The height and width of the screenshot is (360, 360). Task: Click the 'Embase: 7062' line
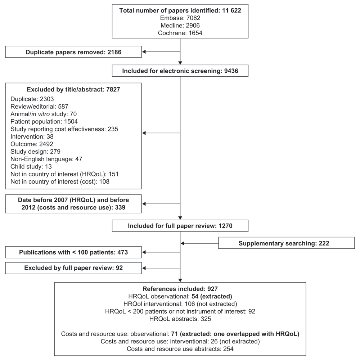[x=180, y=18]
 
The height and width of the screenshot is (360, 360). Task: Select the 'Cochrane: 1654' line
[x=180, y=33]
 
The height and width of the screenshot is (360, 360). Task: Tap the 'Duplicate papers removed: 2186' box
[x=73, y=52]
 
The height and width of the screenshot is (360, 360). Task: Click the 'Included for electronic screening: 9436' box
[x=180, y=71]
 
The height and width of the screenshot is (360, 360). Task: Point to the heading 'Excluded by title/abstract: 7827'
[x=73, y=90]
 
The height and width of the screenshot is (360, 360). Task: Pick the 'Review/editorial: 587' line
[x=40, y=107]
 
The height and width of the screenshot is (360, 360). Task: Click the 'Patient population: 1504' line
[x=44, y=121]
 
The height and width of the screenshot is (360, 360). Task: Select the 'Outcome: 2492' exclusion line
[x=32, y=144]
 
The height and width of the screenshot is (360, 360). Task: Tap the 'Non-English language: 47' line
[x=46, y=159]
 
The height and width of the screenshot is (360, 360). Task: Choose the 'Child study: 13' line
[x=31, y=166]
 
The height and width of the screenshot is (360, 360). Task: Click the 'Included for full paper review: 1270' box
[x=180, y=226]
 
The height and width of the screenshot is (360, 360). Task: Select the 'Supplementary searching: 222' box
[x=286, y=243]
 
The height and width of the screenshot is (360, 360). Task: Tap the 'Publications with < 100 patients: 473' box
[x=73, y=252]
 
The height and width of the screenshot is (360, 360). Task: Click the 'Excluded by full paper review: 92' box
[x=73, y=268]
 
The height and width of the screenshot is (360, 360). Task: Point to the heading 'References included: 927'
[x=180, y=289]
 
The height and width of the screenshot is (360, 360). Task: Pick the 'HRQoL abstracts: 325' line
[x=180, y=319]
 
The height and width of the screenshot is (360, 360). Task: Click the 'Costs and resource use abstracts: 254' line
[x=180, y=349]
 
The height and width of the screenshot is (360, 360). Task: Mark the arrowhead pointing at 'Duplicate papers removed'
[x=144, y=52]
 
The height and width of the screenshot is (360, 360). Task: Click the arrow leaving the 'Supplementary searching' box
[x=199, y=243]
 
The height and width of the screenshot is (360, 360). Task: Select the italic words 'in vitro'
[x=40, y=114]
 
